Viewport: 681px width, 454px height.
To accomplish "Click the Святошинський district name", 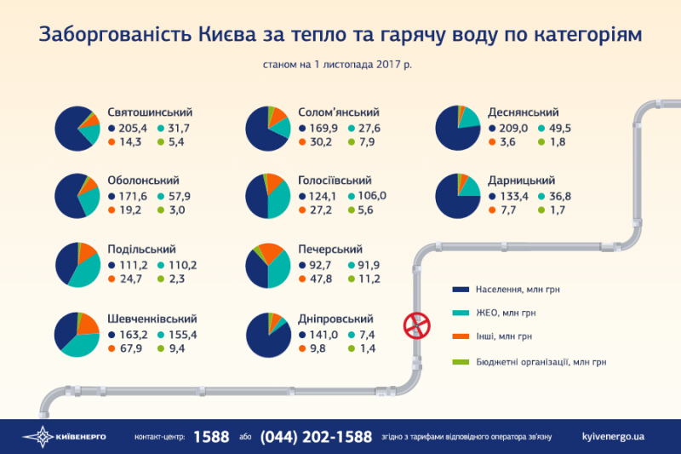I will [150, 112].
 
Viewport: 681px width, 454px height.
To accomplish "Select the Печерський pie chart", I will [268, 265].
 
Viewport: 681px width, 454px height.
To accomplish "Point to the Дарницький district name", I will [522, 181].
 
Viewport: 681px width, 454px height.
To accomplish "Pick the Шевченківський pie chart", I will [77, 334].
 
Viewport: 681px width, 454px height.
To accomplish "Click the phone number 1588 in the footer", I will [211, 436].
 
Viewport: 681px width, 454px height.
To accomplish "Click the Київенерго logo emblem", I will [37, 436].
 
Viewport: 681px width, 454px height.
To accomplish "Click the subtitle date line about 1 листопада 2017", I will [339, 64].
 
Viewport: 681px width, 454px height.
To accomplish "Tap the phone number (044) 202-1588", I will [316, 436].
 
